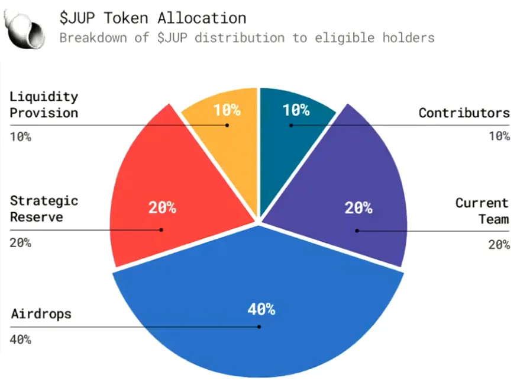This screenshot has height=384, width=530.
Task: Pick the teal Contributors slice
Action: (293, 142)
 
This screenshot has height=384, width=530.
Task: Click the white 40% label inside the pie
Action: (261, 309)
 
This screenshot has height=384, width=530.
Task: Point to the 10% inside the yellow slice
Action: (227, 110)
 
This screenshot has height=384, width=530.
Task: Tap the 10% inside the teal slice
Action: (296, 110)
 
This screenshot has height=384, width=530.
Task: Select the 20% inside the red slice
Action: (161, 208)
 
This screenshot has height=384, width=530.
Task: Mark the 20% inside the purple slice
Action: (358, 208)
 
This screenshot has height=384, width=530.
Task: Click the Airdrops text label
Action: (41, 313)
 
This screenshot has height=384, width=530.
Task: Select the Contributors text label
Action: (464, 113)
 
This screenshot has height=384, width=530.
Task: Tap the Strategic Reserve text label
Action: (44, 208)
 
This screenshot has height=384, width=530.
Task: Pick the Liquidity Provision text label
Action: (44, 104)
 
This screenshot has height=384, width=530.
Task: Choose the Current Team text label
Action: (481, 211)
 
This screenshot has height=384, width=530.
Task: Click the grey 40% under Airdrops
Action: (20, 340)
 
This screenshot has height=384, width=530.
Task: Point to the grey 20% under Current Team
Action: (499, 244)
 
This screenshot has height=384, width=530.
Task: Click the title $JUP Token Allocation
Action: (153, 18)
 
